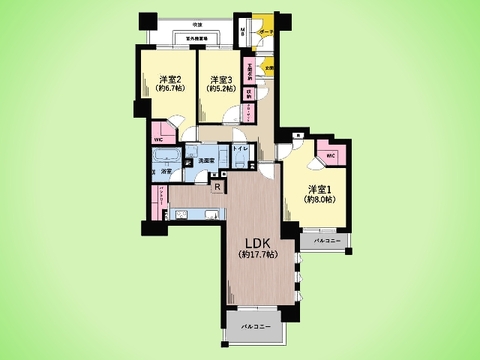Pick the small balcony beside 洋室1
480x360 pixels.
[x=318, y=242]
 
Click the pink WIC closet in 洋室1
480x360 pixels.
[x=331, y=156]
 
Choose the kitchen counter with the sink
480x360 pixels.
[x=196, y=215]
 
